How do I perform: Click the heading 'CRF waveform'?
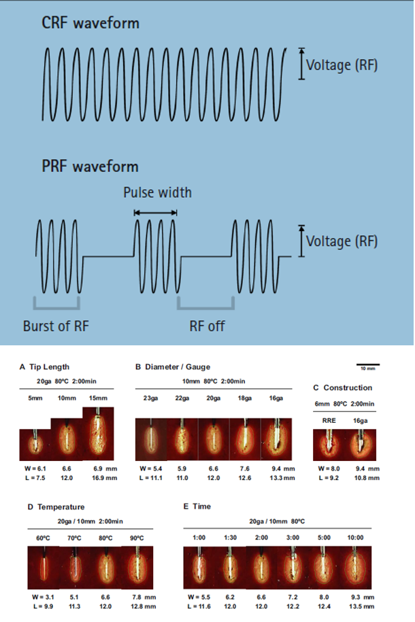pos(90,23)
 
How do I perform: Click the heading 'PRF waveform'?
pos(90,167)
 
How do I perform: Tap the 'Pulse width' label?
pos(157,192)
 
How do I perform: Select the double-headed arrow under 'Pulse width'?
pos(155,213)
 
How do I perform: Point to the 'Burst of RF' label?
pos(56,326)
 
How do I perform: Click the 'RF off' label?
pos(207,326)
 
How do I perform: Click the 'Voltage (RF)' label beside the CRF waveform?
pos(342,65)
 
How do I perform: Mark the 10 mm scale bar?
pos(368,364)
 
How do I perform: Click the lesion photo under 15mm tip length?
pos(98,434)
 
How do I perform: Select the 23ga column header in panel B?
pos(150,398)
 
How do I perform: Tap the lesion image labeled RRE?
pos(329,445)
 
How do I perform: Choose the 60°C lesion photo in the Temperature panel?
pos(44,567)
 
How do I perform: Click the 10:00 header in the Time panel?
pos(355,538)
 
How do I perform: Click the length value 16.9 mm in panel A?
pos(105,478)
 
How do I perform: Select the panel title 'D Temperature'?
pos(56,507)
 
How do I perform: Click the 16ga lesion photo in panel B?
pos(276,439)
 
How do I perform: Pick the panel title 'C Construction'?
pos(343,387)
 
